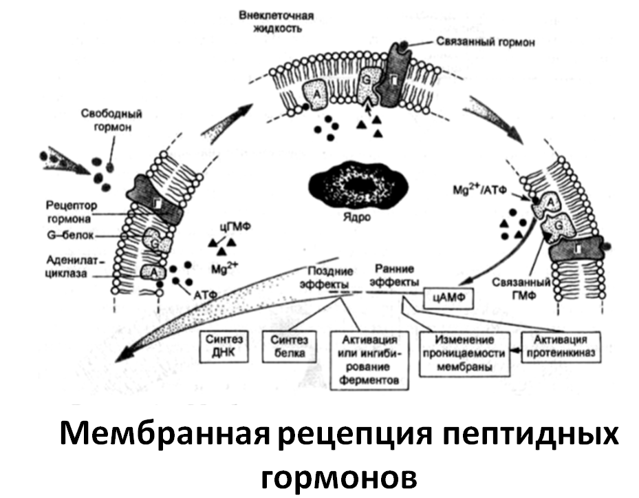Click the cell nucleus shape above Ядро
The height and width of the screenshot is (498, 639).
[x=358, y=186]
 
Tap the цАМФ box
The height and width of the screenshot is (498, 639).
[x=449, y=298]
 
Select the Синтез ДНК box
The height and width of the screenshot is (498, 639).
[x=224, y=346]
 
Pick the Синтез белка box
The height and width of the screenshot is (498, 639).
[x=290, y=346]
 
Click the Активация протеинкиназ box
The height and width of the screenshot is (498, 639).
[x=561, y=346]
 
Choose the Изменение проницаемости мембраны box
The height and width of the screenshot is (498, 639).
[x=464, y=353]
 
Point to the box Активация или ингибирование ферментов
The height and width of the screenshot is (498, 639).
[x=369, y=360]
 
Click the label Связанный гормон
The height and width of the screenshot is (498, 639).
[x=486, y=42]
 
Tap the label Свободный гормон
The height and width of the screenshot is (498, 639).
[x=111, y=121]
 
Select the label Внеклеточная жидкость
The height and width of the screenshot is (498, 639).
[x=277, y=22]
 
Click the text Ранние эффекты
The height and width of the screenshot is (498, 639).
[x=396, y=276]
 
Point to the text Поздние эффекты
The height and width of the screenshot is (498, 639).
[x=327, y=278]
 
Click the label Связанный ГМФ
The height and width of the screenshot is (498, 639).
[x=521, y=289]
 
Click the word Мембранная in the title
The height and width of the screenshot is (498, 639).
[x=165, y=435]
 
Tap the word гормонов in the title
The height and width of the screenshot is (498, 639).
[x=339, y=477]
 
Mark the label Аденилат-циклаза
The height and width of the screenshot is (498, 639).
[x=72, y=267]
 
